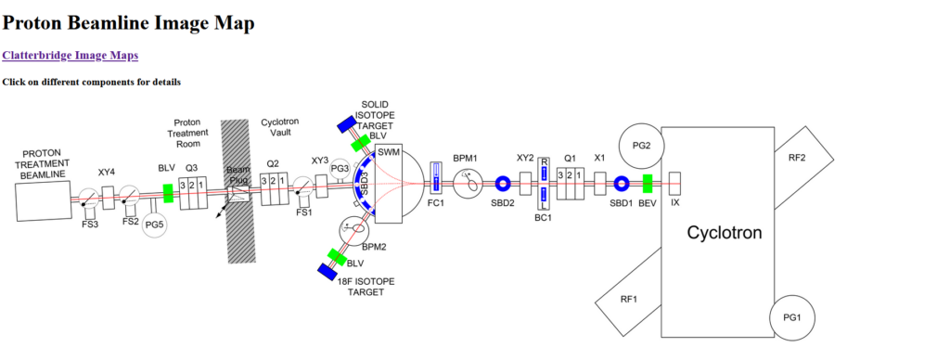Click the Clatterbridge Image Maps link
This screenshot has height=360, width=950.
tap(71, 56)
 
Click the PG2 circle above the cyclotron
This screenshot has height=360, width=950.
tap(641, 145)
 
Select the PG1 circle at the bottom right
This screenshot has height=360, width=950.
tap(790, 318)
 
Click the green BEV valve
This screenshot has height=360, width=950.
tap(648, 184)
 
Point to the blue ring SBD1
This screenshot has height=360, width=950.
tap(623, 184)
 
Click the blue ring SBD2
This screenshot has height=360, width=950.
tap(503, 184)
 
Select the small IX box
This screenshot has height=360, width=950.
tap(674, 183)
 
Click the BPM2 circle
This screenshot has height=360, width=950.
tap(354, 227)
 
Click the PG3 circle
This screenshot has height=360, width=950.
tap(340, 169)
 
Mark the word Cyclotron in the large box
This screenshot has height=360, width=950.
tap(724, 233)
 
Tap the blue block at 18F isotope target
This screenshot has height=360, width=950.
tap(327, 271)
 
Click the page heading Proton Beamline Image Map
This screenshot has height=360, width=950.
tap(128, 23)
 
